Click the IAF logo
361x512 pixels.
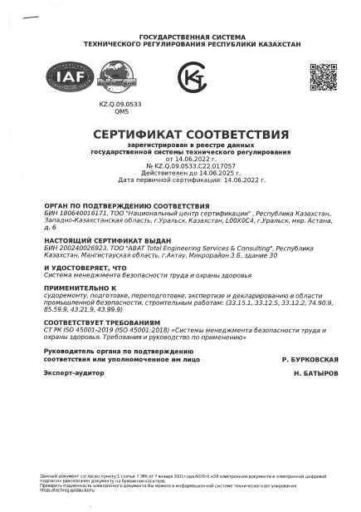click(x=64, y=78)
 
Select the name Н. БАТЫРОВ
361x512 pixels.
click(x=315, y=375)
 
